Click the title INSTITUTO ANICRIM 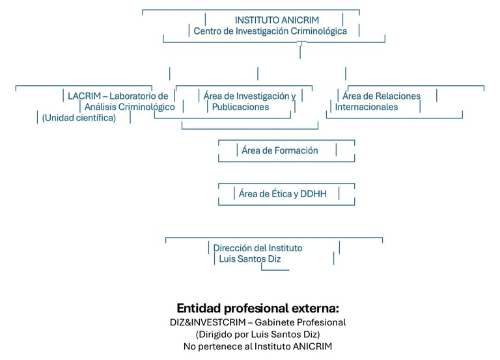(x=277, y=20)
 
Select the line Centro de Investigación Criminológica (x=270, y=31)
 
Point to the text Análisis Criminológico (x=130, y=107)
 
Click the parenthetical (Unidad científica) (x=79, y=118)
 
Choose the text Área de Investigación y (x=249, y=96)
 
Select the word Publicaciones (x=240, y=107)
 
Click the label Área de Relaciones (x=382, y=96)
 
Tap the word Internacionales (x=367, y=107)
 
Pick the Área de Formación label (x=280, y=150)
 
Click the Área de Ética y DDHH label (x=283, y=193)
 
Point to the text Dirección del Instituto (x=258, y=248)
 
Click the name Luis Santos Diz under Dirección (x=251, y=259)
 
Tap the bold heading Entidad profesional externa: (x=258, y=308)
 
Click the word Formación (x=295, y=150)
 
